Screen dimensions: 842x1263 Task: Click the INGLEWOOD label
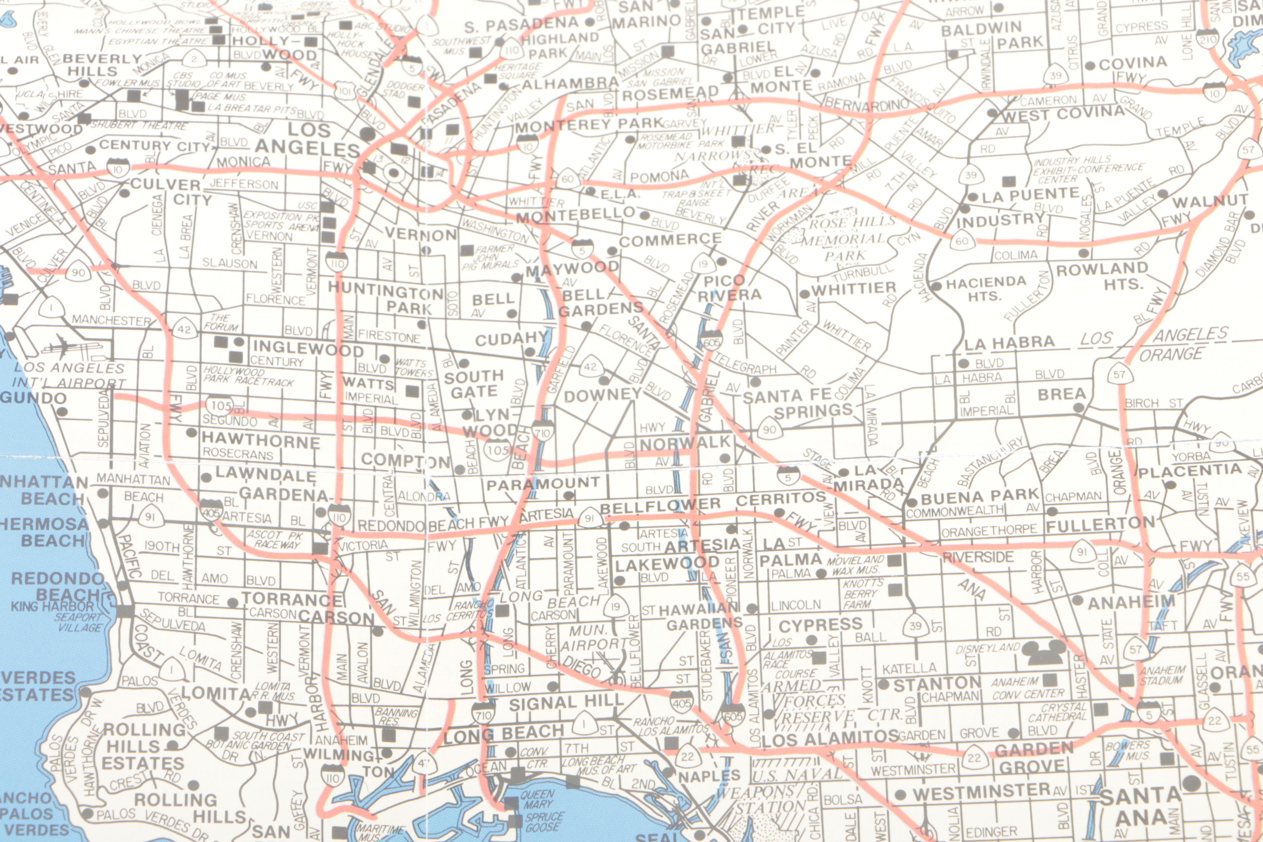(x=308, y=349)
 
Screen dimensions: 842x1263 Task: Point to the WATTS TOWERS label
(x=413, y=368)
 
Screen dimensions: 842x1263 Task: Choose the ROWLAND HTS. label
(x=1102, y=276)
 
